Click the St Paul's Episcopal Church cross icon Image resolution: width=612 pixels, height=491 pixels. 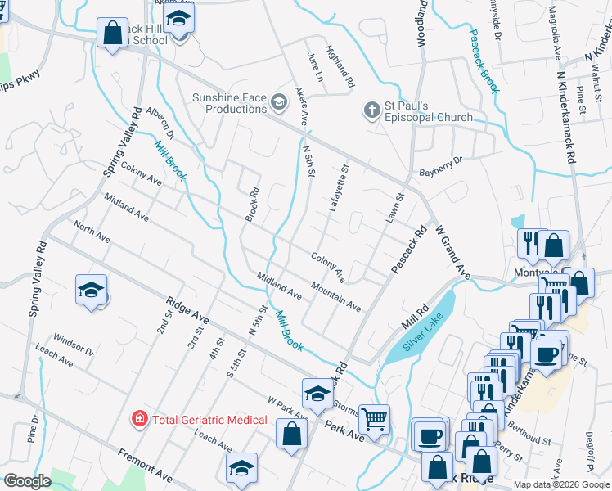[x=371, y=108]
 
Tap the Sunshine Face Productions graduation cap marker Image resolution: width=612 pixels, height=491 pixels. [x=279, y=102]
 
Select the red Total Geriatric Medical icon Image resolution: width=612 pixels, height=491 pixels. [x=140, y=420]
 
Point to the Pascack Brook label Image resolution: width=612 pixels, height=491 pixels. [x=484, y=62]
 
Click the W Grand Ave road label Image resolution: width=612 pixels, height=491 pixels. [x=452, y=252]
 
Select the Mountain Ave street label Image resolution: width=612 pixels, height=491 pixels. [x=336, y=296]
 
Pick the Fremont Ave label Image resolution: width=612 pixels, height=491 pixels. [x=145, y=464]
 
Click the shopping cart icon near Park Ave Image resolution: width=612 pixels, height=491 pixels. [x=375, y=419]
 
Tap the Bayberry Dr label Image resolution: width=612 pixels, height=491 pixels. [x=441, y=166]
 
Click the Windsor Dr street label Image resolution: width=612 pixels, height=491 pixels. [x=73, y=345]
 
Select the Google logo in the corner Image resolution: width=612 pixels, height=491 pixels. [x=27, y=481]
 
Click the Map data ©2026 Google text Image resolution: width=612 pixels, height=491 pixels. [x=562, y=484]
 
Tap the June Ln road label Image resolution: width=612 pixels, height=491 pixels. [x=315, y=66]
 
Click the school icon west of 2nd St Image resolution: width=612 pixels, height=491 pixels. [x=92, y=290]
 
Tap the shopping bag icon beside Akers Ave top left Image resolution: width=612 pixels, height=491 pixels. [x=112, y=34]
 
